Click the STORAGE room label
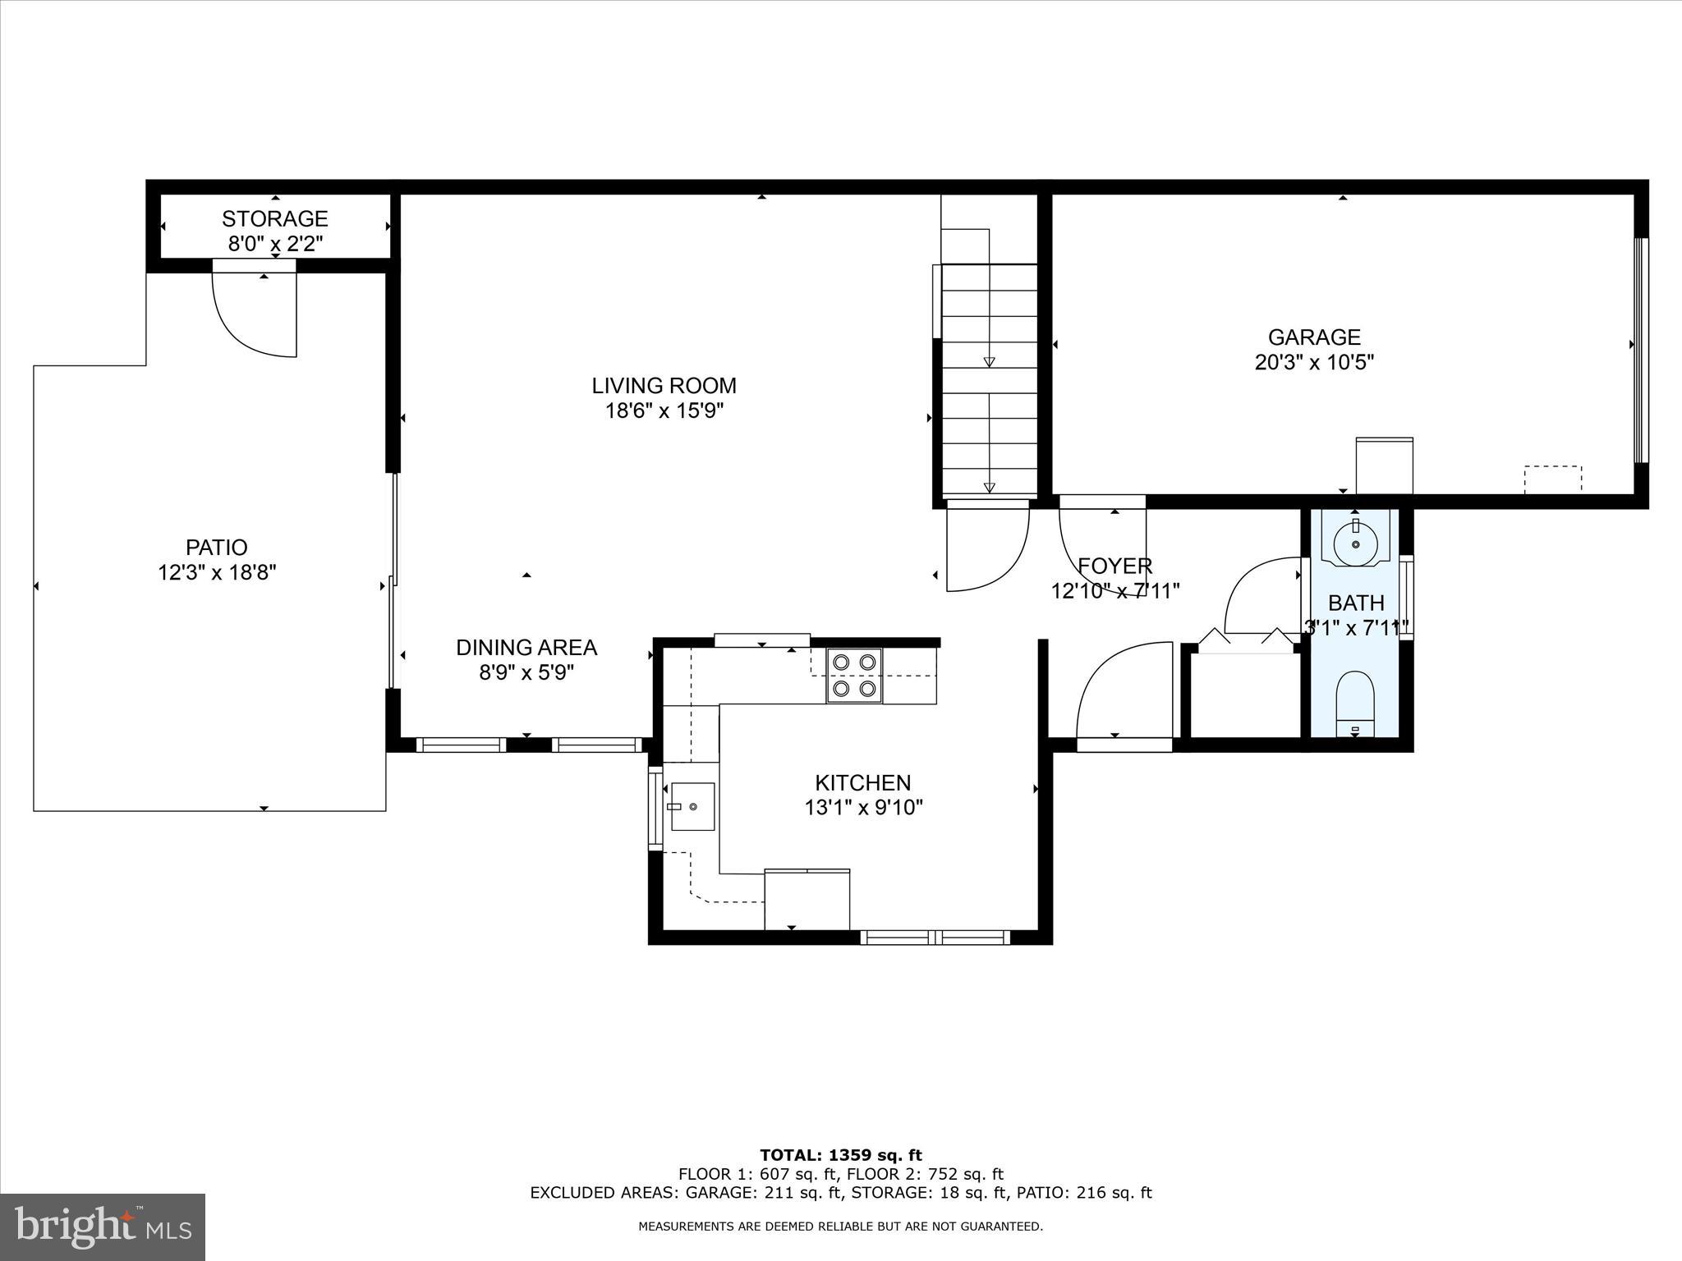click(x=274, y=218)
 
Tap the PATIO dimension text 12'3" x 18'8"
click(x=217, y=572)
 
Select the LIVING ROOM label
click(x=664, y=385)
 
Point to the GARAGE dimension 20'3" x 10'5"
click(x=1314, y=362)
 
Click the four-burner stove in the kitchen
click(x=854, y=675)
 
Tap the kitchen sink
click(x=692, y=807)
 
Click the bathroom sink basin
click(x=1355, y=542)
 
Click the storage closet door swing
click(x=255, y=312)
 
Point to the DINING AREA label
click(x=526, y=648)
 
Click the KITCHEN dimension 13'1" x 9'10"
click(x=863, y=808)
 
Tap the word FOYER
click(x=1114, y=566)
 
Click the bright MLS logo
click(x=103, y=1227)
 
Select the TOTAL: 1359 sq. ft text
click(x=840, y=1155)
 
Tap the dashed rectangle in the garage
click(x=1552, y=479)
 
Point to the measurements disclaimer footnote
click(x=840, y=1227)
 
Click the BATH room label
click(x=1356, y=603)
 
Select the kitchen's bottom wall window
click(x=935, y=937)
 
